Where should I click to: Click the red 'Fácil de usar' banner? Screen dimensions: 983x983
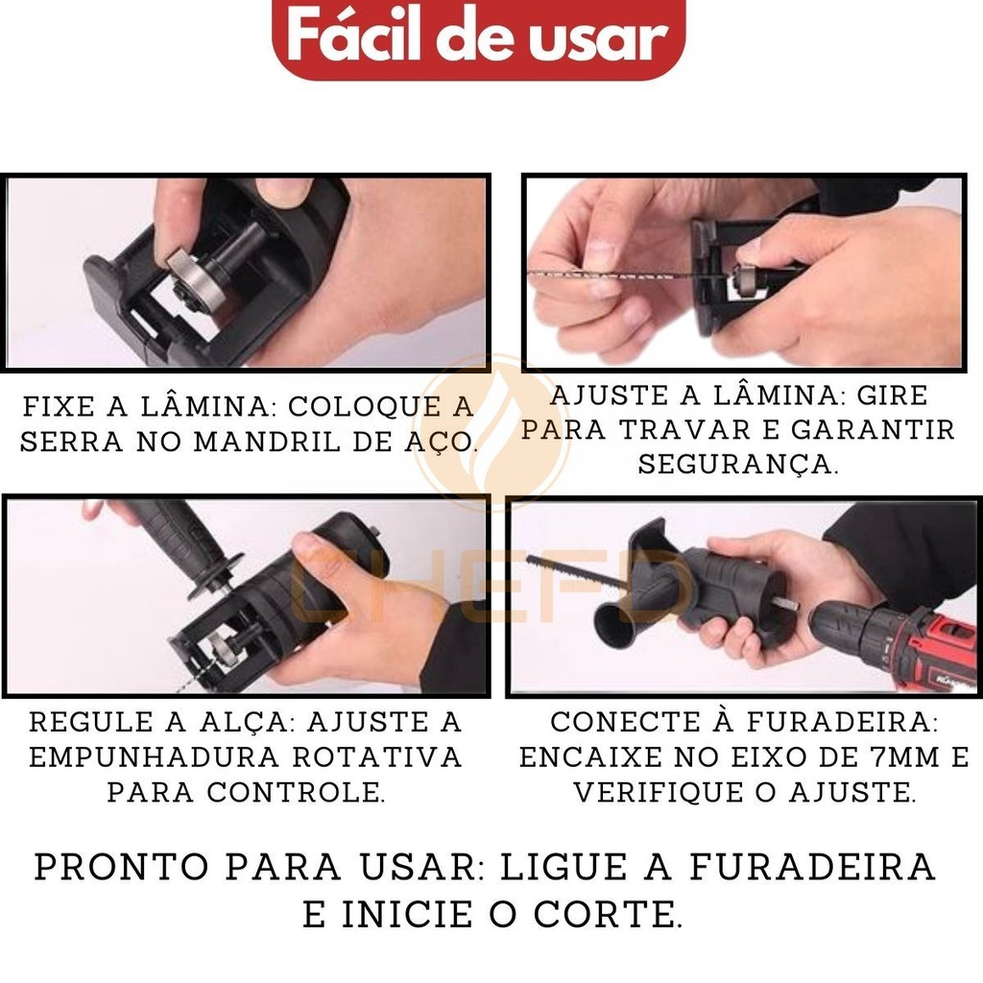[478, 37]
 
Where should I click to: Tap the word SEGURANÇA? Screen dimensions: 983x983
[738, 466]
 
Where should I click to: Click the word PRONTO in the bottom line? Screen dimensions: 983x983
[121, 867]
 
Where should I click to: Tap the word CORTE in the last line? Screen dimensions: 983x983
[607, 915]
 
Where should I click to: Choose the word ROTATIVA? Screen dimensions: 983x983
[377, 757]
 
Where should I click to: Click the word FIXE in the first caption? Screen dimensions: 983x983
[59, 406]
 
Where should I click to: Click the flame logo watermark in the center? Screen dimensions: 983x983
[492, 433]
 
